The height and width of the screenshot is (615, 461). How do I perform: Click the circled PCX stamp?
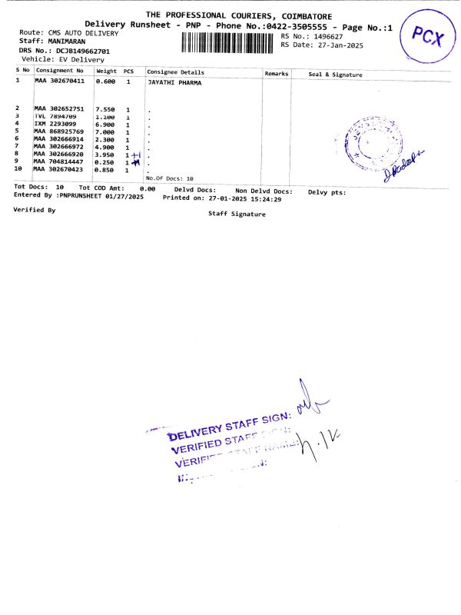point(428,35)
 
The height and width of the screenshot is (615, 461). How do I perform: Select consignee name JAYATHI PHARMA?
point(174,81)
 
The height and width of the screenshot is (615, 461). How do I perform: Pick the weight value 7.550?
point(104,109)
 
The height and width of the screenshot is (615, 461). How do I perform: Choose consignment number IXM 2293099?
point(55,124)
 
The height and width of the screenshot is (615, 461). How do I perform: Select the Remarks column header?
point(276,73)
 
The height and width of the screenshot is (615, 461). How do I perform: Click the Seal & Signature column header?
point(335,75)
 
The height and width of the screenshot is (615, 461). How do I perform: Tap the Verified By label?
point(35,209)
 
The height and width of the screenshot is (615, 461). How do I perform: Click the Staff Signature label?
point(237,214)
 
